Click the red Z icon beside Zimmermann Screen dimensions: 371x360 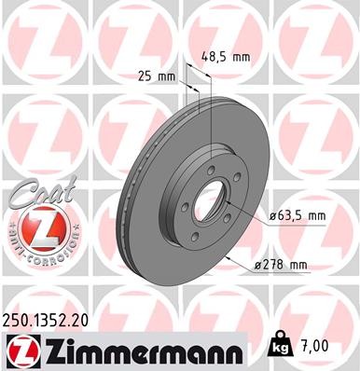(18, 350)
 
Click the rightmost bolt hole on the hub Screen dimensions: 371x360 (239, 179)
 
